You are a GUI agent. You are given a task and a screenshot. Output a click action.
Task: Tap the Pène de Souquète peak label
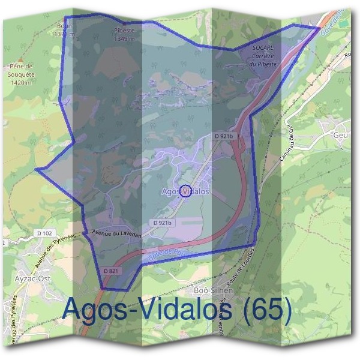pos(20,73)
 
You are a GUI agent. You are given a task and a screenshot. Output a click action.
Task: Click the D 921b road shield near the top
pos(223,137)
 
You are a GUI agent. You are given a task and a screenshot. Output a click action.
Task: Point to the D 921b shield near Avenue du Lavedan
pos(163,223)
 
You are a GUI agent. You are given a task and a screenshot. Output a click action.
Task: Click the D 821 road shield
pos(111,271)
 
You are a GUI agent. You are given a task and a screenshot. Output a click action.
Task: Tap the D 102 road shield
pos(45,233)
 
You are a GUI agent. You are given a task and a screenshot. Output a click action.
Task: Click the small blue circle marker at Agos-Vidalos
pos(185,191)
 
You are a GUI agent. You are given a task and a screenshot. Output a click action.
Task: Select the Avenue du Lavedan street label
pos(116,233)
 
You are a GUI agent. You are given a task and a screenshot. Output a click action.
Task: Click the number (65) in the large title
pos(265,310)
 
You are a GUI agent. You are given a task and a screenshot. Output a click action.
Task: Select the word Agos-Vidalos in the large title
pos(146,310)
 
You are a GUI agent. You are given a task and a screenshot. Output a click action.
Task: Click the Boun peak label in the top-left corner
pos(65,30)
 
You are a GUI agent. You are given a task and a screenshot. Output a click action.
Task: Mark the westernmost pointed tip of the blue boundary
pos(35,169)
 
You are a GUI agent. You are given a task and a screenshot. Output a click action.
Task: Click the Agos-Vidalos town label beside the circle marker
pos(185,191)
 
